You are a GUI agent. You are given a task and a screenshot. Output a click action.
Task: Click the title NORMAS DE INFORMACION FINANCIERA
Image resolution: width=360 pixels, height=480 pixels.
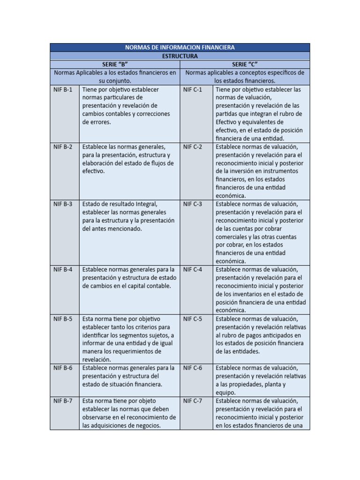pos(180,47)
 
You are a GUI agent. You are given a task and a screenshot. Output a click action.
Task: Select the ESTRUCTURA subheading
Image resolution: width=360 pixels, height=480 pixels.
pos(180,56)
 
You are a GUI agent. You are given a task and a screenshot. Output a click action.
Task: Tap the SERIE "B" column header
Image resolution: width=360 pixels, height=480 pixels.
pos(115,64)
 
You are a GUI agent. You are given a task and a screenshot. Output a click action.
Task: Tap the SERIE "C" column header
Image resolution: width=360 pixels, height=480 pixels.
pos(245,64)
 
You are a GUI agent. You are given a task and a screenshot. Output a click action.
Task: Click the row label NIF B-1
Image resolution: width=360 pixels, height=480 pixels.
pos(63,89)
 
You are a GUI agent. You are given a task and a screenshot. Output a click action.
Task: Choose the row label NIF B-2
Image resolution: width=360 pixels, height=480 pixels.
pos(63,147)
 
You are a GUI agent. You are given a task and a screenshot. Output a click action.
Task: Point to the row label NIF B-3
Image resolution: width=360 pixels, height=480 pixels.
pos(63,204)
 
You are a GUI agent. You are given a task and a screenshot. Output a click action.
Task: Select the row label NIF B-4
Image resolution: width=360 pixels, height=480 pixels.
pos(63,270)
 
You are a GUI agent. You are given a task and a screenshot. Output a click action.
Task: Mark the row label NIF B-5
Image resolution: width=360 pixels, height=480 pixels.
pos(63,319)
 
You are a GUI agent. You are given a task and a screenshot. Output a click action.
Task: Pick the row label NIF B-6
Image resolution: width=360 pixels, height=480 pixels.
pos(63,368)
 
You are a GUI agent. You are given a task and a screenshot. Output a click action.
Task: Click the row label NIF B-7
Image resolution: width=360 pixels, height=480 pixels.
pos(63,401)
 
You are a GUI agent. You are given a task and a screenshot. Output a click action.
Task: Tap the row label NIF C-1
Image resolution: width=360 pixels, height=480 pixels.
pos(193,89)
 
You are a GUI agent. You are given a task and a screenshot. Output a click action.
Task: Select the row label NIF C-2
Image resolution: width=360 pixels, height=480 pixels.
pos(193,147)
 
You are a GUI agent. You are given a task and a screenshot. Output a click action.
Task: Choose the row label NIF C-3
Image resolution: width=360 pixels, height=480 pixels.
pos(193,204)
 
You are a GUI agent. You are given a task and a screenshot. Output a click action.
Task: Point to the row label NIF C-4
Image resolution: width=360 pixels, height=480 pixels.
pos(193,270)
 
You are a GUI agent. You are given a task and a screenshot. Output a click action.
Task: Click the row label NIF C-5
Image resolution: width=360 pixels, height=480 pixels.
pos(193,319)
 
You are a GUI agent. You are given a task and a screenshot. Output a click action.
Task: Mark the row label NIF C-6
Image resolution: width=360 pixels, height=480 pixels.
pos(193,368)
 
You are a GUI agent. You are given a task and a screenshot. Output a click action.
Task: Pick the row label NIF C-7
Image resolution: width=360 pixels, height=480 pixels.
pos(193,401)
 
